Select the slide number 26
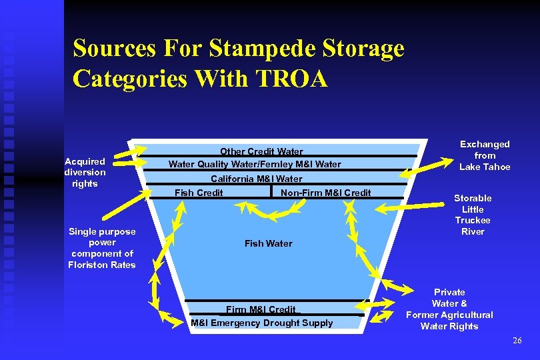(517, 341)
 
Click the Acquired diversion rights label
(85, 172)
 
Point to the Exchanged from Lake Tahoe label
(485, 155)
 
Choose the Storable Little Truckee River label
(473, 215)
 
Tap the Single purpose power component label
(101, 248)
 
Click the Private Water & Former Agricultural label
(449, 309)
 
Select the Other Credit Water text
(261, 151)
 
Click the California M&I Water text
(257, 179)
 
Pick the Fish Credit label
(199, 193)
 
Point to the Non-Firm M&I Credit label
(326, 193)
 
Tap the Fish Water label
(268, 243)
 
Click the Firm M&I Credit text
(261, 309)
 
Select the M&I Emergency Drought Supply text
(261, 323)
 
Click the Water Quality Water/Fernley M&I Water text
(254, 164)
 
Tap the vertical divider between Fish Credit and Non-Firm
(272, 191)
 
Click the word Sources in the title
(113, 48)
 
